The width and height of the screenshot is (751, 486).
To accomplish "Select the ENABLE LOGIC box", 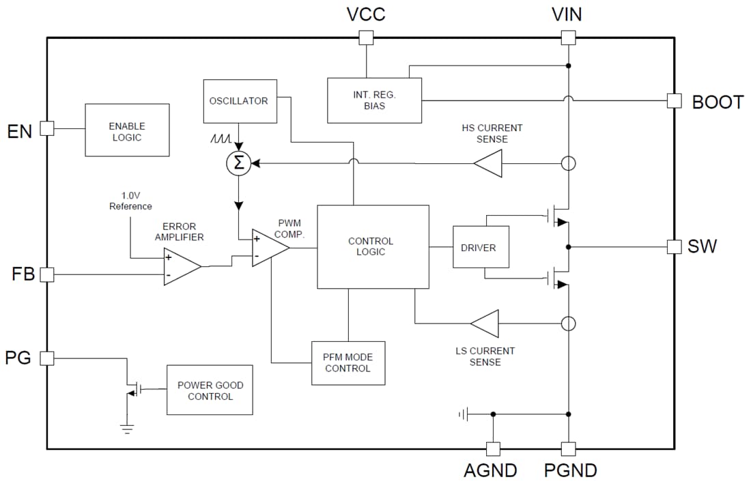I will coord(127,130).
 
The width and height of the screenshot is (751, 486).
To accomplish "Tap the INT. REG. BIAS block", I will coord(374,100).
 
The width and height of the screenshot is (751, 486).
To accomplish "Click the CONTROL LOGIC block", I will coord(373,246).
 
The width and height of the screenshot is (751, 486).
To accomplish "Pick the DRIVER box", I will coord(481,246).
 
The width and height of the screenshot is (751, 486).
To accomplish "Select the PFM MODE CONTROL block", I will coord(348,363).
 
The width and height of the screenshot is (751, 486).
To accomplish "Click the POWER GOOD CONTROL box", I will coord(210,390).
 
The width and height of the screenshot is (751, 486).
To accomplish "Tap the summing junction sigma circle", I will coord(239,163).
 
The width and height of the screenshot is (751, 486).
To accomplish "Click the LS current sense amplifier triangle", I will coord(487,323).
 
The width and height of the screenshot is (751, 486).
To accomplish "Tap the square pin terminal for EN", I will coord(46,128).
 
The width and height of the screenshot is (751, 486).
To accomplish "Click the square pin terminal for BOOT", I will coord(674,101).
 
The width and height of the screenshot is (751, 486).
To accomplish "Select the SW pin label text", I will coord(702,246).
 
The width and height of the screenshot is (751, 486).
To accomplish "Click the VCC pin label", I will coord(367,14).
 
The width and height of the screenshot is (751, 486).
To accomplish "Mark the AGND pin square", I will coord(492,448).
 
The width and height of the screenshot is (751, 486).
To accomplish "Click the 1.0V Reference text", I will coord(130,201).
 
